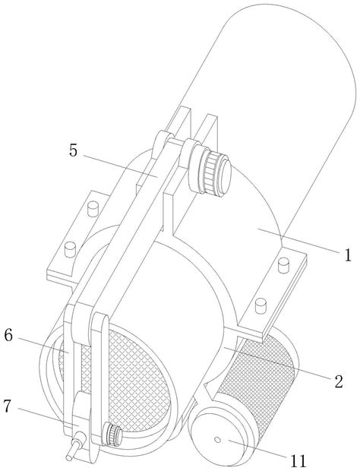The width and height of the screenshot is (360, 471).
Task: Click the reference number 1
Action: point(347,255)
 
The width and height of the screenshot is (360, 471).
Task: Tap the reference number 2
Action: point(339,381)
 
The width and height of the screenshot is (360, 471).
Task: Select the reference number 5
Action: point(73,150)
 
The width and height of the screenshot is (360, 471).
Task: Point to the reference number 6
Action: point(8,336)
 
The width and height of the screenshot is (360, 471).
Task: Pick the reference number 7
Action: point(8,406)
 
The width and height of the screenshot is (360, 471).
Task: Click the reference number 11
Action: point(298,461)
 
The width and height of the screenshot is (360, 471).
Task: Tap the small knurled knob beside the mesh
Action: point(112,434)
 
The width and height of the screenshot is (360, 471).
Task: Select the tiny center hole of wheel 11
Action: point(218,440)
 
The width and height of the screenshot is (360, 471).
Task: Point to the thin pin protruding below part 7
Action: point(74,451)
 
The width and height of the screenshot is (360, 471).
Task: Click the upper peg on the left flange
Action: point(93,209)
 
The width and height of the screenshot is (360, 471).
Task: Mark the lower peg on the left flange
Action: point(70,250)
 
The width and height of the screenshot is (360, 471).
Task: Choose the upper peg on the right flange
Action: point(283,265)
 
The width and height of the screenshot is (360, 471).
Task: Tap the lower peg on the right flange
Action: point(261,305)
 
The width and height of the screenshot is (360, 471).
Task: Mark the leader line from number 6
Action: point(43,345)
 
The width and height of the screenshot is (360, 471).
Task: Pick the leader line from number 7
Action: point(49,417)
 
